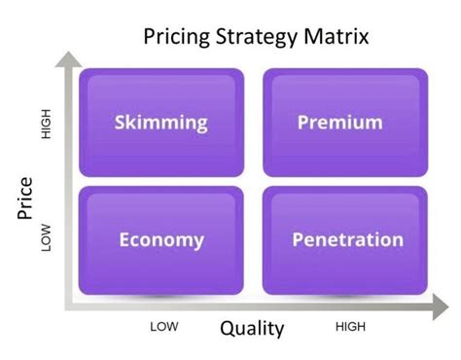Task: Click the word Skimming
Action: pos(161,123)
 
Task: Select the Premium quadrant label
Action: pos(339,123)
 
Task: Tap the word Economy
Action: pos(161,239)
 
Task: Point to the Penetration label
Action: pos(347,239)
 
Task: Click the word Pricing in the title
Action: pos(174,38)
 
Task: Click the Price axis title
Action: pos(26,199)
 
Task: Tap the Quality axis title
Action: pos(252,328)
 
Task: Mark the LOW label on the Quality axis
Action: pos(163,327)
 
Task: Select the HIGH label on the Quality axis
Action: pos(350,327)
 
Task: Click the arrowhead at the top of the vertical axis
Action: pos(67,58)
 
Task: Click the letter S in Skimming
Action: pos(121,123)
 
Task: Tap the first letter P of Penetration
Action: pos(298,239)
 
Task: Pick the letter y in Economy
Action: pos(198,241)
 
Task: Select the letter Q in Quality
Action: pos(228,328)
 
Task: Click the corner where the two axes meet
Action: pos(68,308)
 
